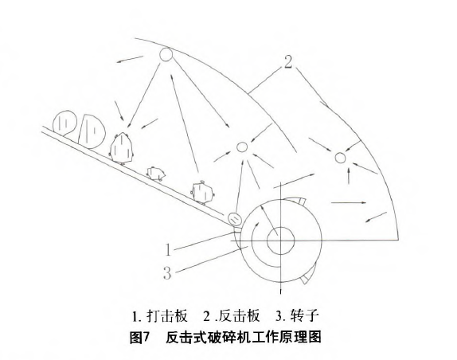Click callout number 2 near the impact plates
tap(288, 62)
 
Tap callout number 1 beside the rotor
tap(168, 250)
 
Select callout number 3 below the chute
tap(167, 273)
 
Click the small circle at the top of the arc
tap(166, 54)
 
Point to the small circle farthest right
tap(340, 158)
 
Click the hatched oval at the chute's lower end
tap(235, 218)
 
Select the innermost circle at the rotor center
tap(281, 241)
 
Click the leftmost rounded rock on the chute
tap(64, 123)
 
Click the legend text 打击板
tap(167, 315)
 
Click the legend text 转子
tap(305, 315)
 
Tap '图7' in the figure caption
tap(139, 337)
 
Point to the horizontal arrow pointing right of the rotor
tap(349, 202)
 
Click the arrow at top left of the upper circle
tap(130, 59)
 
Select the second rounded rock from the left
tap(92, 131)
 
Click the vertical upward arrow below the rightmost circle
tap(349, 175)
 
